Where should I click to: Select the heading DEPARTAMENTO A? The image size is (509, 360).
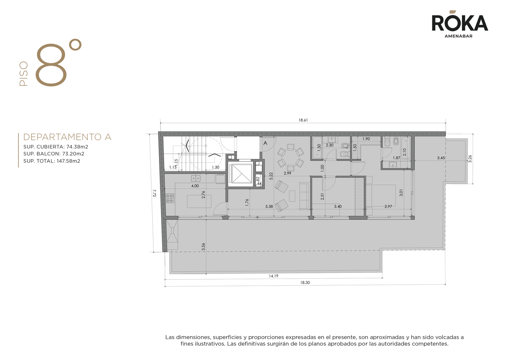coord(67,137)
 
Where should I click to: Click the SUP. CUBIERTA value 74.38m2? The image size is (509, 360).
coord(77,147)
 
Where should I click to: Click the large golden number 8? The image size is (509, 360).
coord(51,65)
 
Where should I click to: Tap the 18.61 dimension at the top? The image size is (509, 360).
coord(303,120)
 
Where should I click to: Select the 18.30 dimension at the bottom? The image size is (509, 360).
coord(305,282)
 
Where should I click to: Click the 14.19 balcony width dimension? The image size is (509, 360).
coord(273,276)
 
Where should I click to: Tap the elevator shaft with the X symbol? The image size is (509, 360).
coord(241,174)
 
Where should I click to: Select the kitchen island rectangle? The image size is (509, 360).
coord(199,201)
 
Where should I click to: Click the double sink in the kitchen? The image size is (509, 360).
coord(196,178)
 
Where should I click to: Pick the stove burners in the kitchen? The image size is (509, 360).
coord(170,198)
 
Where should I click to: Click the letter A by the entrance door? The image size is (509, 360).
coord(265,143)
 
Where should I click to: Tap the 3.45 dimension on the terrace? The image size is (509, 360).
coord(441,158)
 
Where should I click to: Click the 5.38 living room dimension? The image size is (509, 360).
coord(269,206)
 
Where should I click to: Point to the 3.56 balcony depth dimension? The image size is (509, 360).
coord(203,247)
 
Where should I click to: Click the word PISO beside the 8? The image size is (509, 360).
coord(24,74)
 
